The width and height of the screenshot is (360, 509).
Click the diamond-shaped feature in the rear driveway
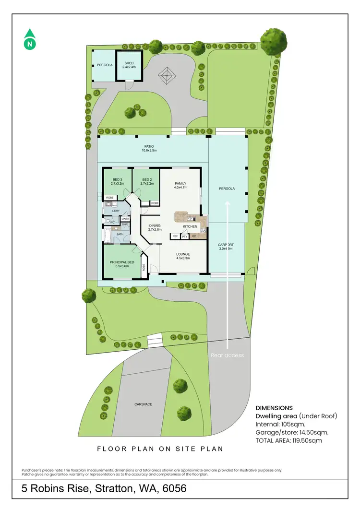point(167,75)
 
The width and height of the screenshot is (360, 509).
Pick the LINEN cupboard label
point(125,219)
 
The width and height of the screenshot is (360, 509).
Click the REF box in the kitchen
point(175,236)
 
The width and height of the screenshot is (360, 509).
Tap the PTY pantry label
point(184,236)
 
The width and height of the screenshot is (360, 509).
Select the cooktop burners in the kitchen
point(204,228)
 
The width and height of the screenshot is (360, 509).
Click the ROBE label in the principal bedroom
point(144,268)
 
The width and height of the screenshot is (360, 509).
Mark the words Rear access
point(227,355)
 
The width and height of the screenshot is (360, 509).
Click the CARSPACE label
point(143,404)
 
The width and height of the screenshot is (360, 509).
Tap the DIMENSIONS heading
point(274,408)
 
